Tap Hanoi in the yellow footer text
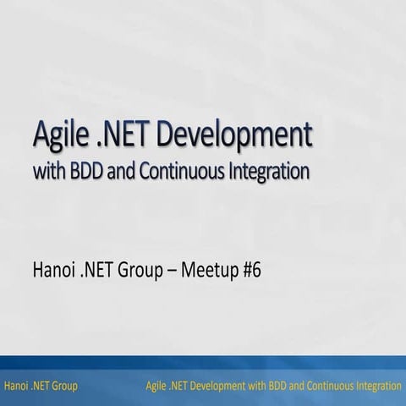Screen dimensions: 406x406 tap(16, 386)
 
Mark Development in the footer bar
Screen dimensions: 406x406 tap(223, 386)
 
